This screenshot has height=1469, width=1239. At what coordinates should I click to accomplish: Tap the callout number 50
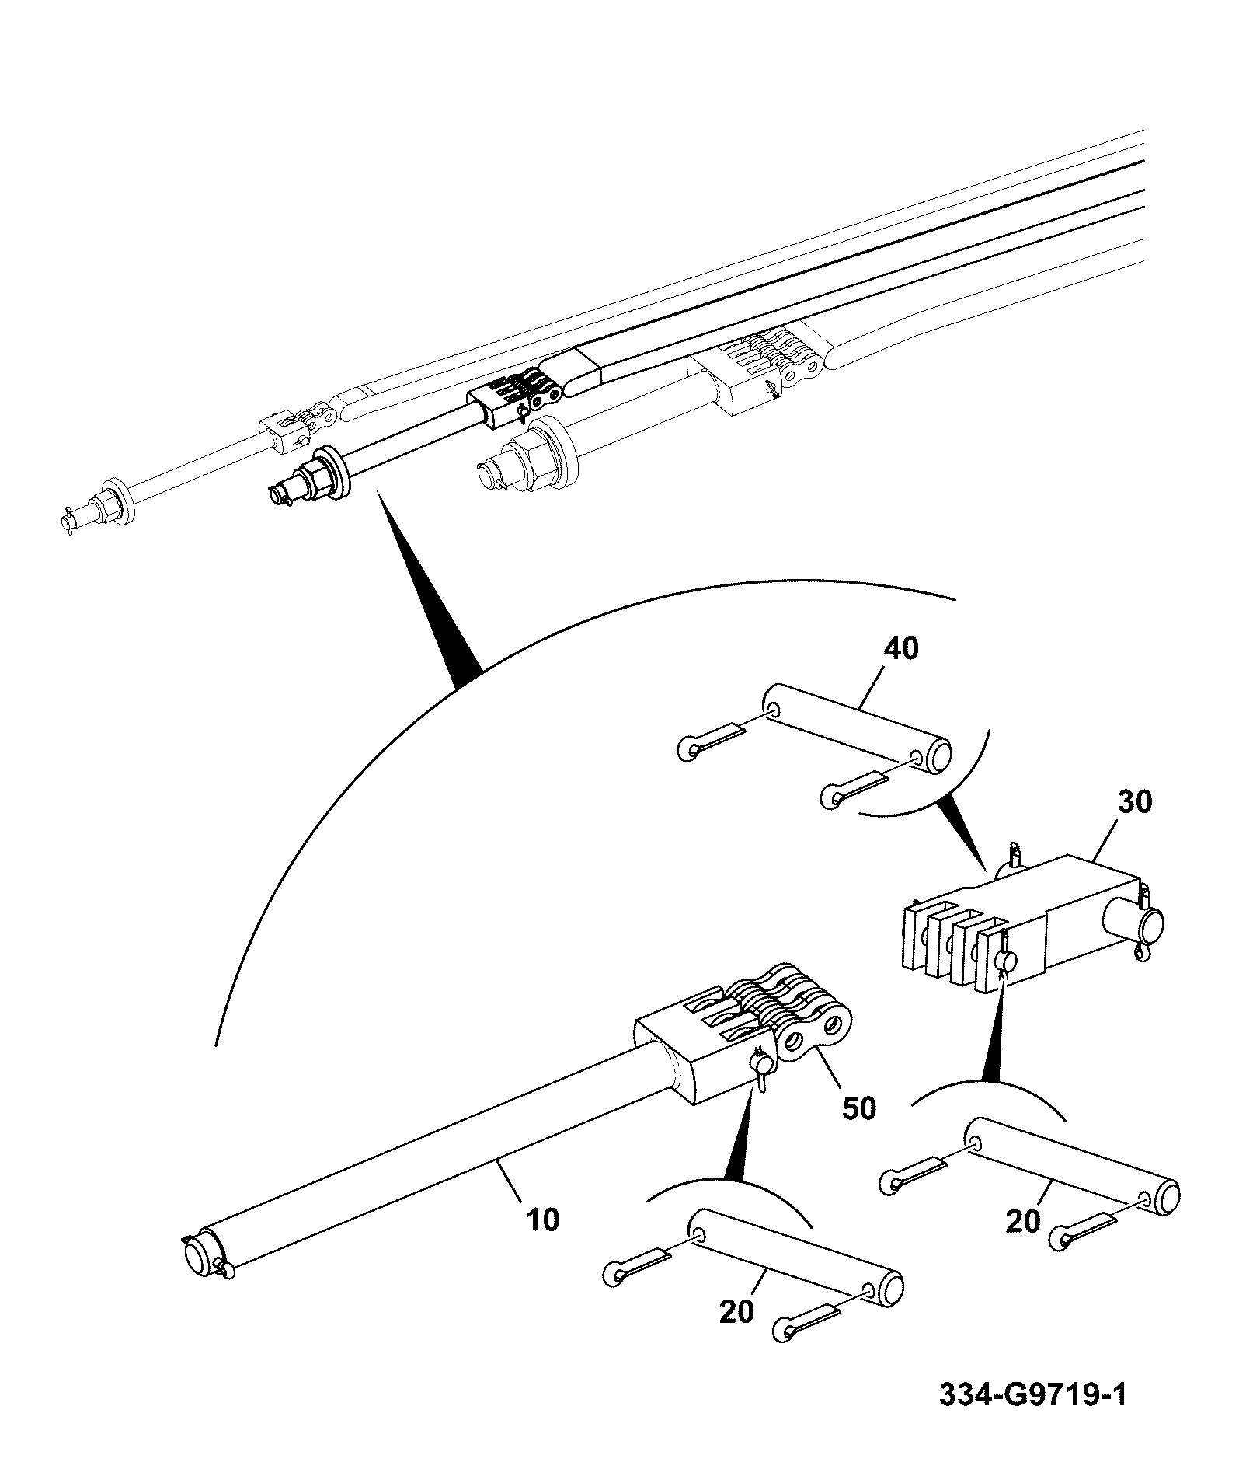tap(858, 1108)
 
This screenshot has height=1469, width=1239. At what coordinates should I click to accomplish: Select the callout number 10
tap(542, 1220)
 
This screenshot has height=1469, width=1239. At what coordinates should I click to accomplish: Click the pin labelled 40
tap(858, 727)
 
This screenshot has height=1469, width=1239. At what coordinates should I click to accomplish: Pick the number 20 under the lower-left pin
tap(736, 1311)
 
